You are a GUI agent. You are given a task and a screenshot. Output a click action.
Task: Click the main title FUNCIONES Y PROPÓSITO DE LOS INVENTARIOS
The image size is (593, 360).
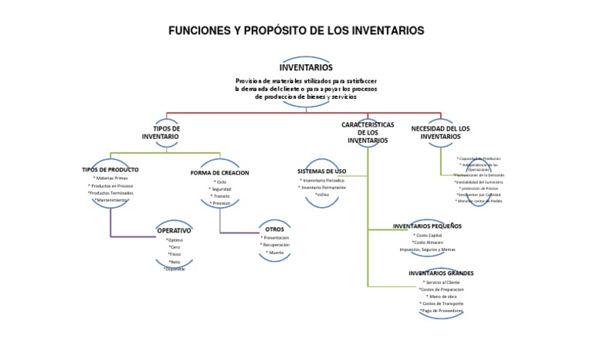point(296,31)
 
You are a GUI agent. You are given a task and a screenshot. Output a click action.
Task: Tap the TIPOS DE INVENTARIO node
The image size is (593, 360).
point(161,131)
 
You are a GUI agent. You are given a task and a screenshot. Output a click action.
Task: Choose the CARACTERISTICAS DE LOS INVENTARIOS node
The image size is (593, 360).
point(368,132)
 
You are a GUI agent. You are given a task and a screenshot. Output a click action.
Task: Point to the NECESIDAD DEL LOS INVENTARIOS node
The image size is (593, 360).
point(440,131)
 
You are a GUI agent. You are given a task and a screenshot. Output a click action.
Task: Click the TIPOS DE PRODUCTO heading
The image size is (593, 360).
point(110,169)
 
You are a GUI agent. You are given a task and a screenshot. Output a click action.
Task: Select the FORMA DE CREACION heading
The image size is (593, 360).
point(220,172)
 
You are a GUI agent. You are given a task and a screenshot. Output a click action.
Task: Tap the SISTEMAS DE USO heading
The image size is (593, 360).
point(322,170)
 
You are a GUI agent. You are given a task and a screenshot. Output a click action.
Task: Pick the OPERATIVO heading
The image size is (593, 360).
point(174,230)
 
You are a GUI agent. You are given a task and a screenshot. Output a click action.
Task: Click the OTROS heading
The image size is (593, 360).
point(275,229)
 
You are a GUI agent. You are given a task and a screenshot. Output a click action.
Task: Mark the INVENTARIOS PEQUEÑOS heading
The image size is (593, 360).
point(428,226)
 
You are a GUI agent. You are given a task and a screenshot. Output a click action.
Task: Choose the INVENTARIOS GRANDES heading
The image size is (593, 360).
point(442,273)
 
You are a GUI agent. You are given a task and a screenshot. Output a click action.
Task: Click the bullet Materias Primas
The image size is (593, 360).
point(110,178)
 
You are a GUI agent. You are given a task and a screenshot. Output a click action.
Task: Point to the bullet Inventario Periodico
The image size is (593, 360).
point(322,180)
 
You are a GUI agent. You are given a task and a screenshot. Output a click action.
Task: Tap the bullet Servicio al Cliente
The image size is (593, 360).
point(442,282)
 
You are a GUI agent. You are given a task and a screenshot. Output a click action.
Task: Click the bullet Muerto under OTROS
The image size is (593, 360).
point(275,253)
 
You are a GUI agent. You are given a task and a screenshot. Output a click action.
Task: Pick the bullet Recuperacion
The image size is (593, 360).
point(275,245)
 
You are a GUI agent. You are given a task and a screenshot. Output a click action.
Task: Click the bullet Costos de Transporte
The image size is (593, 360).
point(442,304)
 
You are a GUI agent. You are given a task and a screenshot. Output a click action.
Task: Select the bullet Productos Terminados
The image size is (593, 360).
point(110,192)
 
